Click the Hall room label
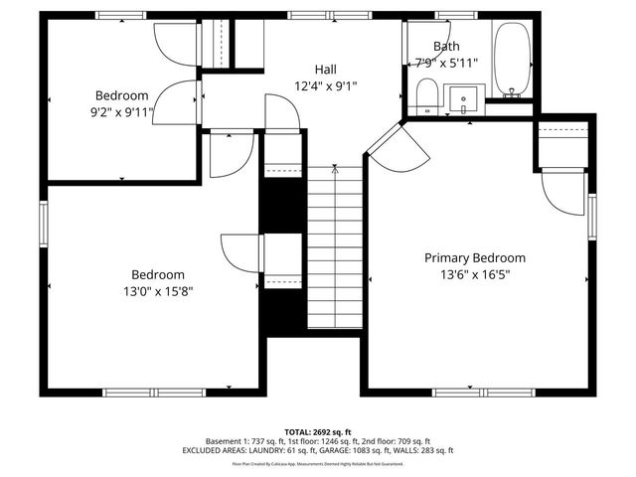pyautogui.click(x=325, y=69)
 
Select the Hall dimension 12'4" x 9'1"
pyautogui.click(x=325, y=86)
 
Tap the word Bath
pyautogui.click(x=446, y=46)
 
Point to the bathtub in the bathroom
pyautogui.click(x=512, y=62)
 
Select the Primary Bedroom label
pyautogui.click(x=475, y=257)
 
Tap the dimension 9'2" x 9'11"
pyautogui.click(x=121, y=112)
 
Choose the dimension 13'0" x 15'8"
pyautogui.click(x=158, y=292)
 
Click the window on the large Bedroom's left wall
pyautogui.click(x=43, y=222)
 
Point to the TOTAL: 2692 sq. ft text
pyautogui.click(x=317, y=432)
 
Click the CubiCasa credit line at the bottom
pyautogui.click(x=317, y=463)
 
